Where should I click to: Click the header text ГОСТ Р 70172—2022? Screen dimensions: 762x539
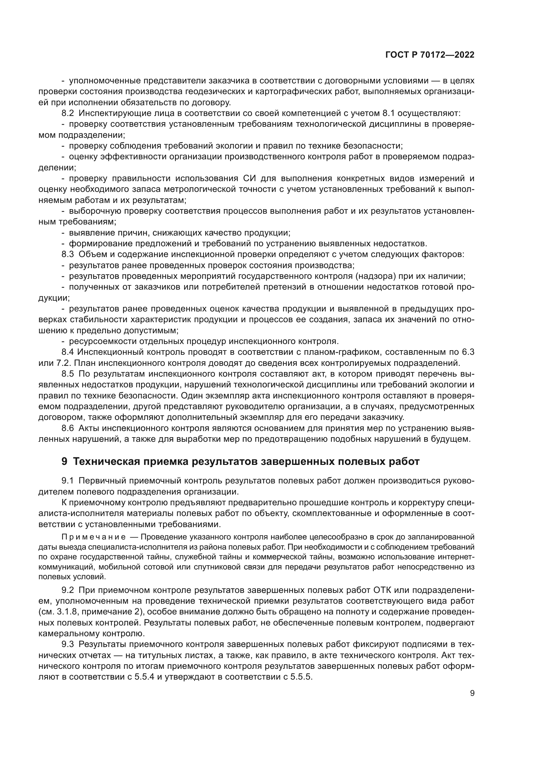(x=430, y=55)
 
